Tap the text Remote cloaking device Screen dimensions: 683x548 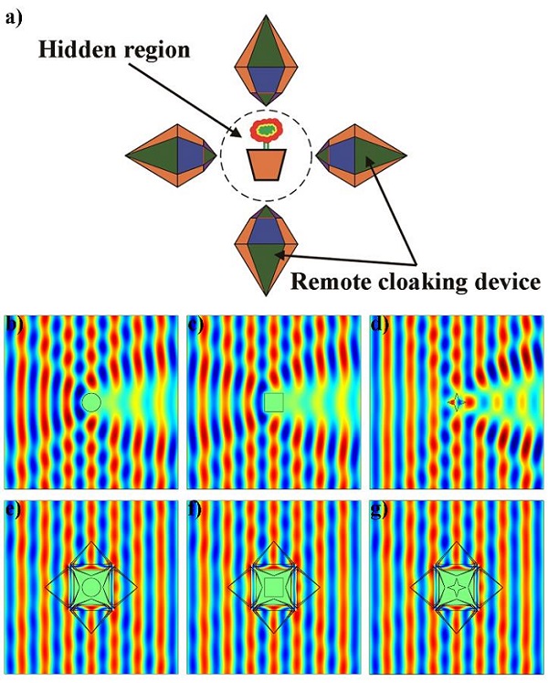(x=415, y=280)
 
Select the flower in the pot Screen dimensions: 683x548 (x=267, y=133)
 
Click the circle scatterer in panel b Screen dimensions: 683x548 (x=90, y=401)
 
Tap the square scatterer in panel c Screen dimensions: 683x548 (x=273, y=402)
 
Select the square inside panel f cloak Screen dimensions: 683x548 (x=273, y=586)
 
